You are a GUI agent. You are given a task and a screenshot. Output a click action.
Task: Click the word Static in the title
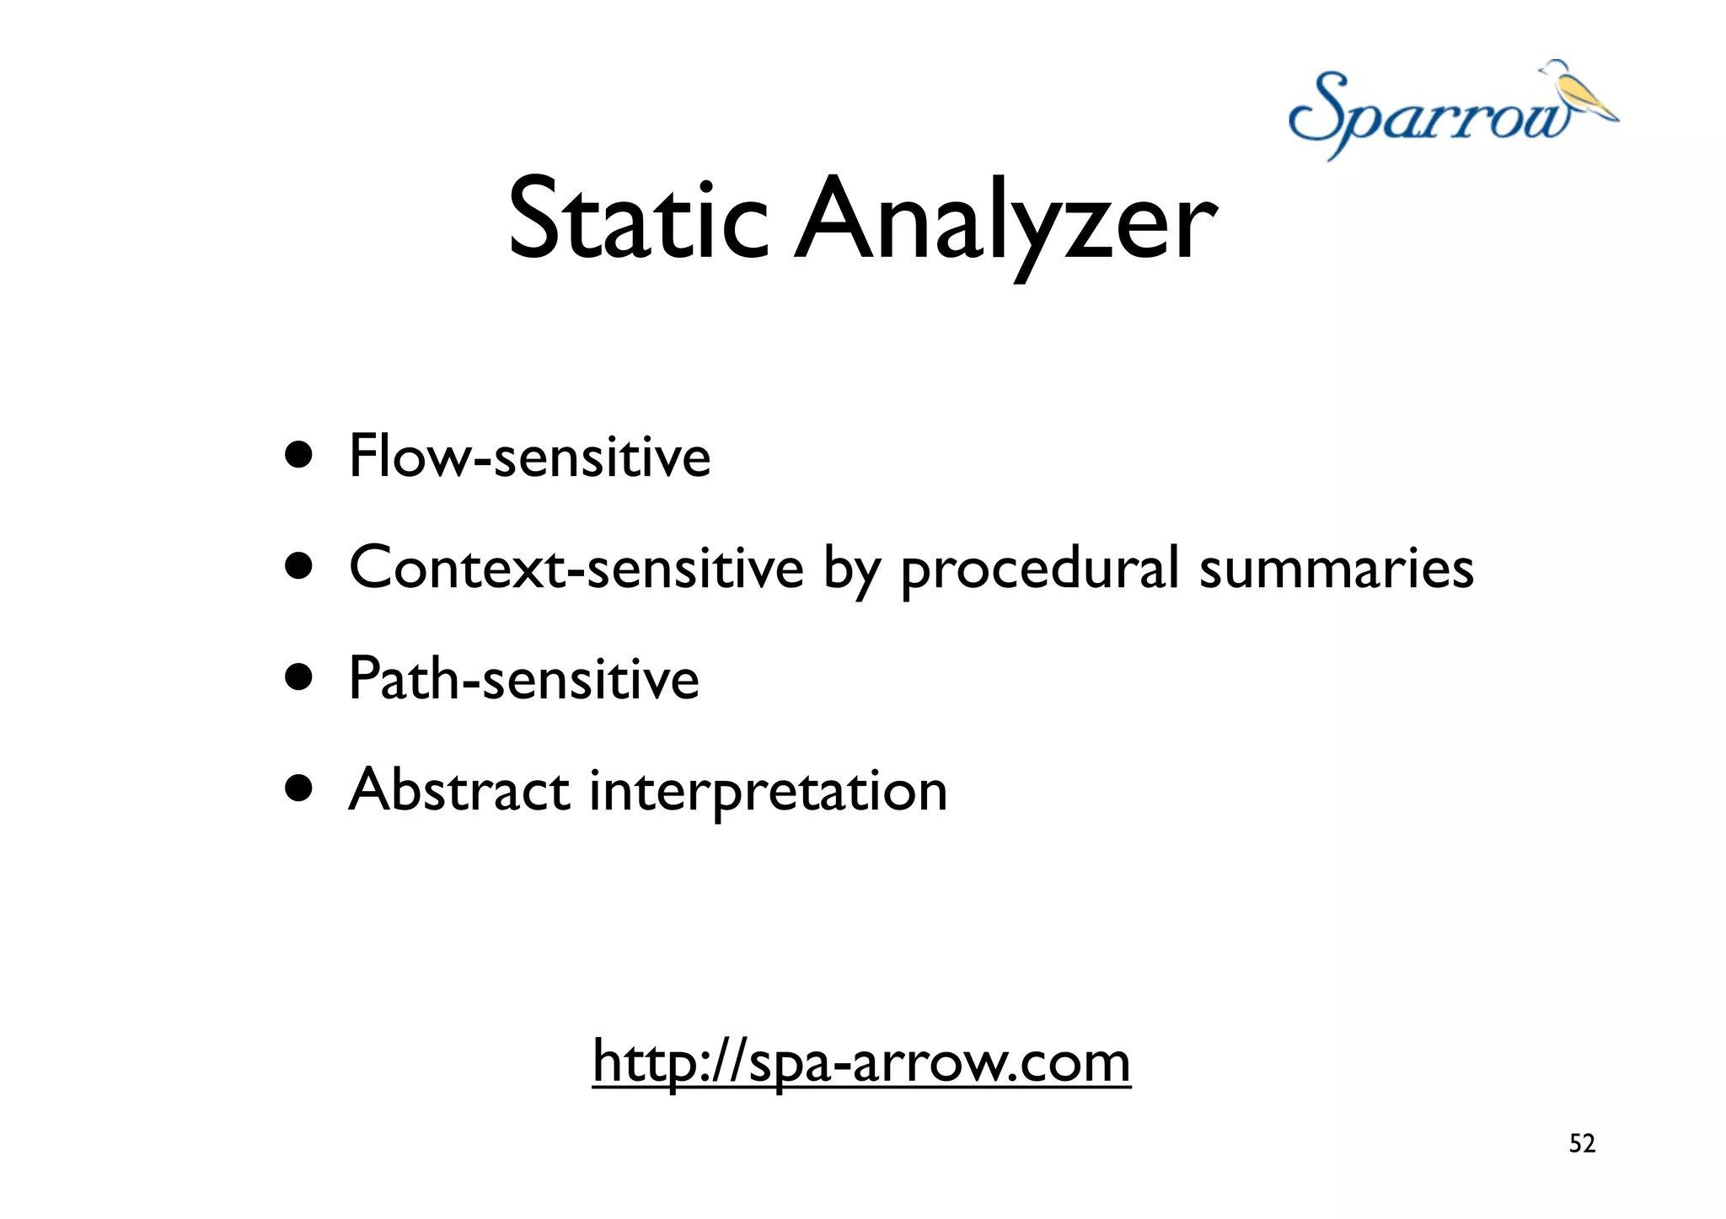click(x=637, y=221)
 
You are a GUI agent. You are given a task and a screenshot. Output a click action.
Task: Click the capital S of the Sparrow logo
click(x=1320, y=114)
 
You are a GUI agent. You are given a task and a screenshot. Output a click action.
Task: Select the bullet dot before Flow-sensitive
click(x=298, y=456)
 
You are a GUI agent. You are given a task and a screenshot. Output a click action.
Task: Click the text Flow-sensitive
click(x=529, y=456)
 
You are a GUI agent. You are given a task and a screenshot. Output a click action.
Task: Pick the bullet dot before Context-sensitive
click(x=298, y=567)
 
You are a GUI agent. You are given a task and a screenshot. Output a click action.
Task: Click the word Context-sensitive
click(x=576, y=567)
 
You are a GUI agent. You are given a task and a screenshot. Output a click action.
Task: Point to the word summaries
click(x=1336, y=567)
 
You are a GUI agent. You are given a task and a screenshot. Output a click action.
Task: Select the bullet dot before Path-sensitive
click(x=298, y=678)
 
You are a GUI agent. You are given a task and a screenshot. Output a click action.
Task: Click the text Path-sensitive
click(x=523, y=678)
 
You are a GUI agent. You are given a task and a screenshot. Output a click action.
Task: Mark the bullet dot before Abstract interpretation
click(x=298, y=789)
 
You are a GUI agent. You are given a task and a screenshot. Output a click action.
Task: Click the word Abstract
click(x=459, y=789)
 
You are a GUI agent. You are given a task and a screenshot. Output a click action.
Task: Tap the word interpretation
click(x=768, y=791)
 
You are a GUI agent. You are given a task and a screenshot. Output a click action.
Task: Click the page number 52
click(x=1581, y=1143)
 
